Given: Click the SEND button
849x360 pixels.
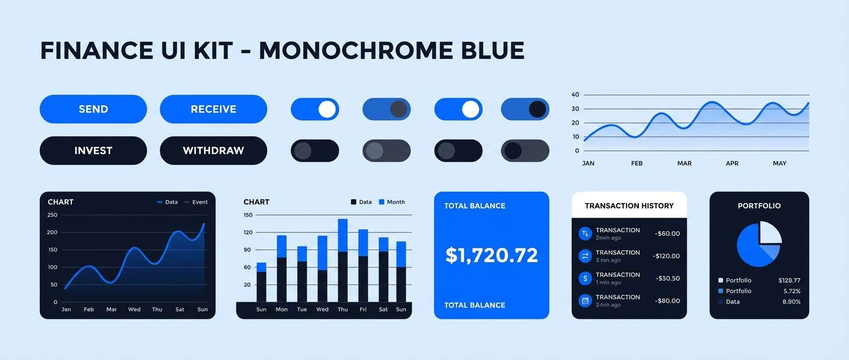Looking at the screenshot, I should point(93,109).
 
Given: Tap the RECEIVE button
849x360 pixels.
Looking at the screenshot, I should point(213,109).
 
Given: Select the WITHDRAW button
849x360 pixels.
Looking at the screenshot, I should point(213,151).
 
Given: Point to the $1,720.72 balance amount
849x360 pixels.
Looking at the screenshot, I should point(491,256).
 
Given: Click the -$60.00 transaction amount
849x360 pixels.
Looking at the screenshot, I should point(667,234).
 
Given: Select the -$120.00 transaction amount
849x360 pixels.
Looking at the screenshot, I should point(666,256).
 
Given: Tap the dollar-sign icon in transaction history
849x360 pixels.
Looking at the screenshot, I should point(585,279).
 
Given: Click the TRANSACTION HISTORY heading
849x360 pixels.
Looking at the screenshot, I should point(629,206).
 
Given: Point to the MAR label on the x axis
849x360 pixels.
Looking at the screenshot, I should point(684,163).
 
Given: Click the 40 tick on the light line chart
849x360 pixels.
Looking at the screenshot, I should point(575,94).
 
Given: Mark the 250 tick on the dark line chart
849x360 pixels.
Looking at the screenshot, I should point(52,215).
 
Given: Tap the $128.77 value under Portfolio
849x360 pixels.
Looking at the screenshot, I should point(789,280).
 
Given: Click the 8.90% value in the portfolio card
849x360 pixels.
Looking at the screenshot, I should point(791,302).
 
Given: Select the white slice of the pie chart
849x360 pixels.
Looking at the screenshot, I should point(770,234).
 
